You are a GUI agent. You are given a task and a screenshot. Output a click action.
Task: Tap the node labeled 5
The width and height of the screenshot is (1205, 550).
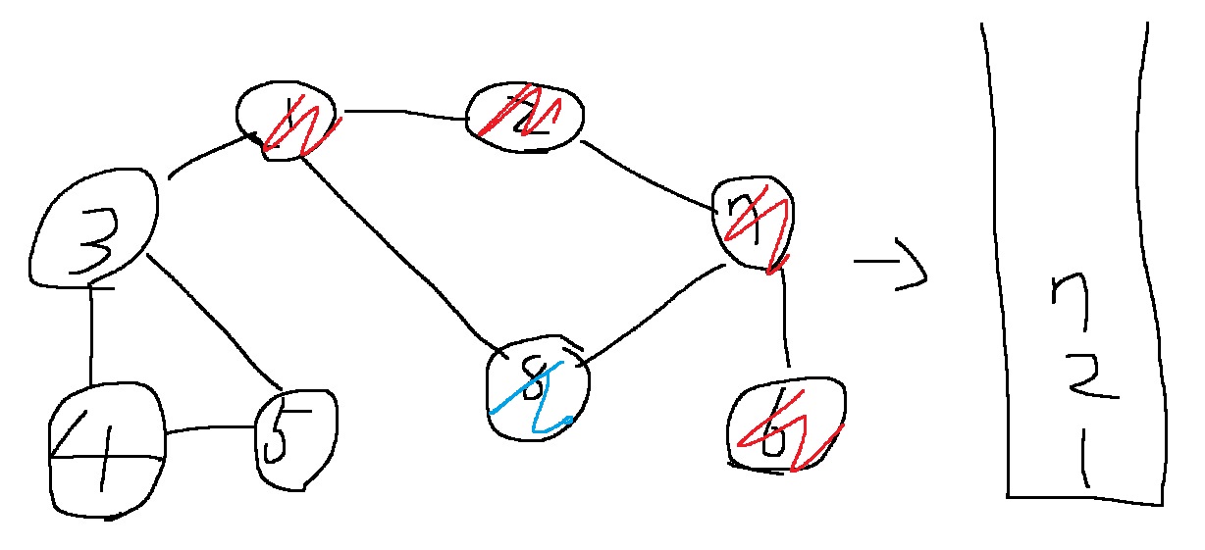coord(293,437)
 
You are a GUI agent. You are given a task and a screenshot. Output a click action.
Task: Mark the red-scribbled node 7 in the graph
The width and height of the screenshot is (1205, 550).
coord(754,224)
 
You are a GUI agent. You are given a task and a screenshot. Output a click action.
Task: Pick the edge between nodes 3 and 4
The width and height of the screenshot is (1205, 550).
coord(91,333)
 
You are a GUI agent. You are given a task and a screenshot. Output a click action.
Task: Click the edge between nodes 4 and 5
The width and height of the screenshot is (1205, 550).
coord(208,429)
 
